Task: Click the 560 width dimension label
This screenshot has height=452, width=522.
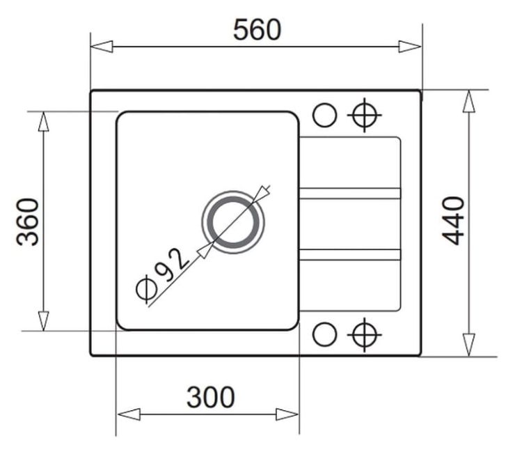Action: point(257,30)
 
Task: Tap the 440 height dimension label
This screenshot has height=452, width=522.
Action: point(453,221)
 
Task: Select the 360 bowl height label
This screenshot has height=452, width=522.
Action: point(28,222)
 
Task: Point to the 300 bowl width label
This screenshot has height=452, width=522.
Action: point(210,397)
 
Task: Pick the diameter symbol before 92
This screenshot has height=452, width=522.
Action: point(146,289)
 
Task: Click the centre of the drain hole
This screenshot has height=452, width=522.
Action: point(233,222)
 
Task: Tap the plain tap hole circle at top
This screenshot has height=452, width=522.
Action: point(324,115)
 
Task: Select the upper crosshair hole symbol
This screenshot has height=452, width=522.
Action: point(365,115)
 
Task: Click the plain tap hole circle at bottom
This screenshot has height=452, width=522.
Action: point(324,334)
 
